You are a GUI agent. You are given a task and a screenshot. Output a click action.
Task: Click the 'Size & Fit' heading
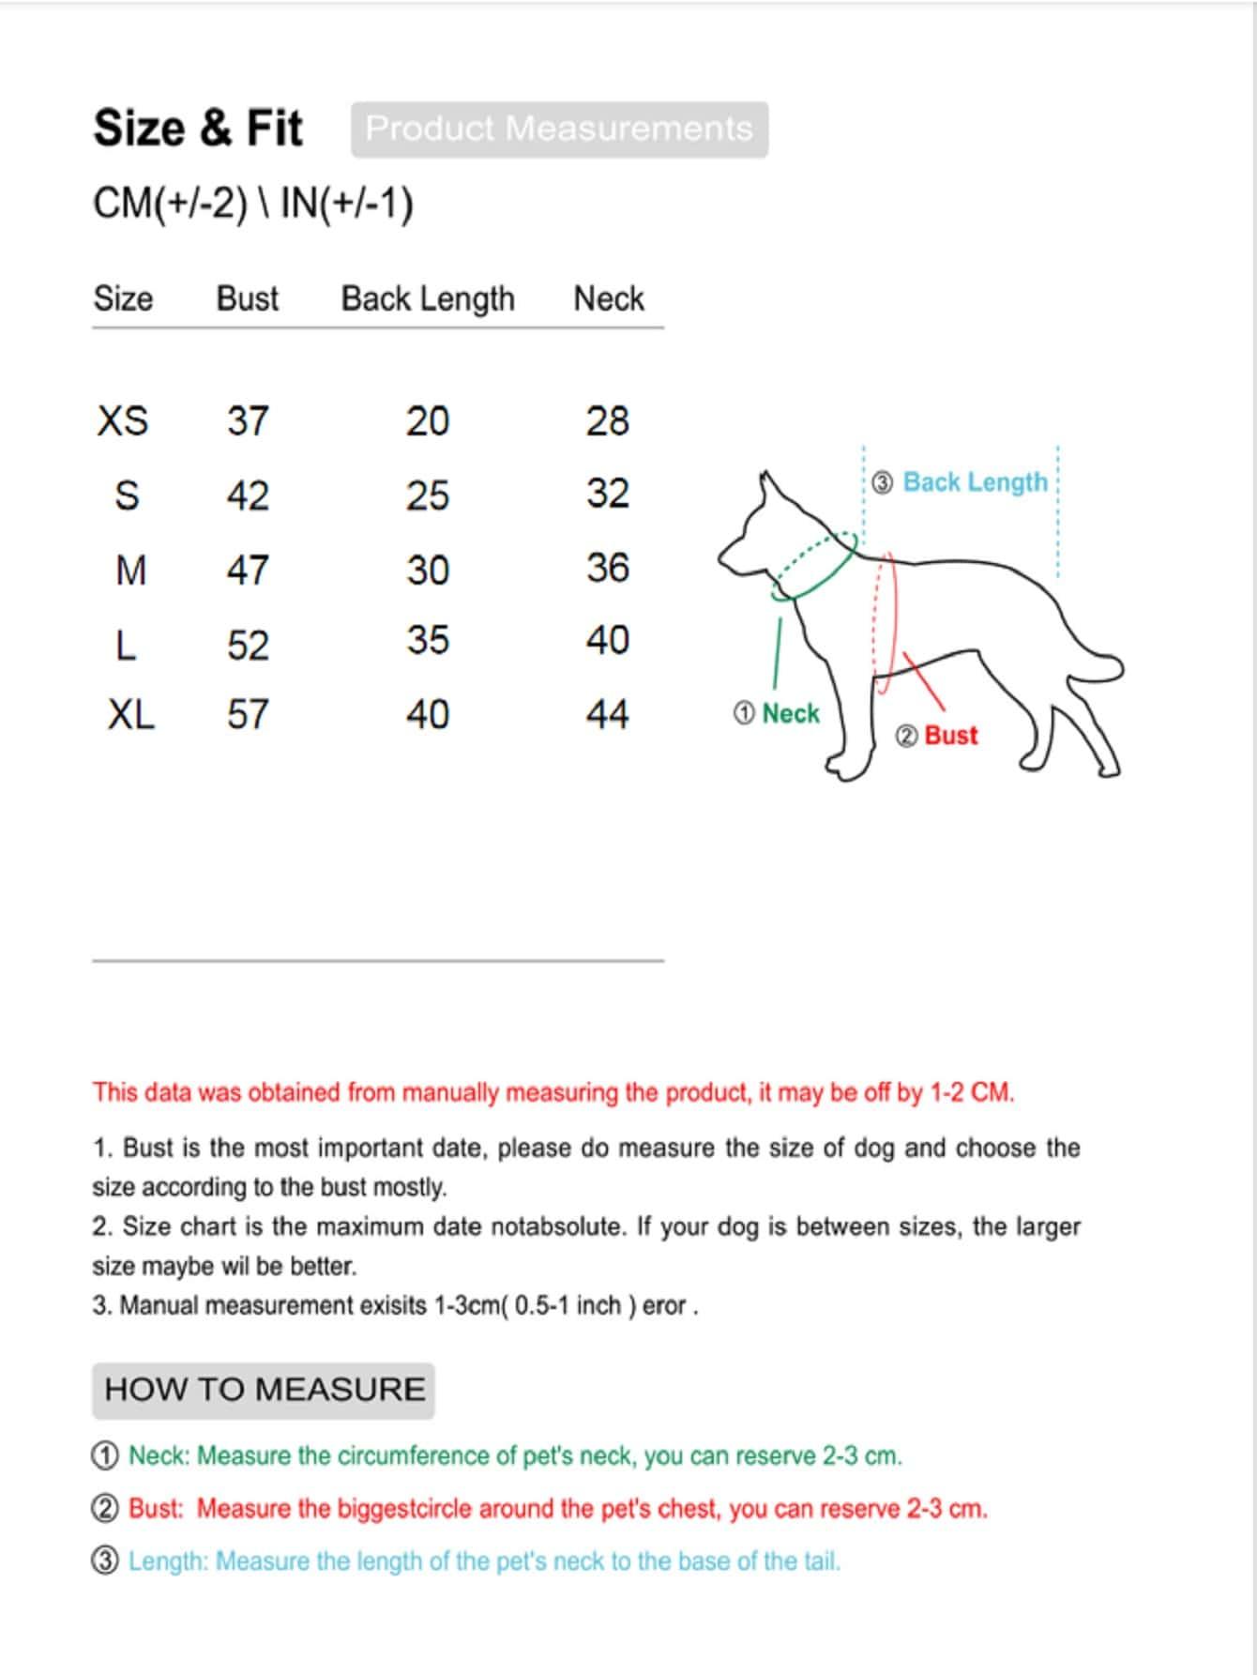pyautogui.click(x=198, y=128)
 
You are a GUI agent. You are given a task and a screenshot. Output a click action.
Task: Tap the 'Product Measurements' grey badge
pyautogui.click(x=559, y=129)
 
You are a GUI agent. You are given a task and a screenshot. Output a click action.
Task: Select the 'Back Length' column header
pyautogui.click(x=428, y=298)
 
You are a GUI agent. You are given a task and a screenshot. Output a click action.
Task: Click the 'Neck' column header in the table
pyautogui.click(x=609, y=298)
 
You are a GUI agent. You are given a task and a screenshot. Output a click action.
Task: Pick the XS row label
pyautogui.click(x=123, y=420)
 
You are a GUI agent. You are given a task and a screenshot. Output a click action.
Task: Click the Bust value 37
pyautogui.click(x=248, y=420)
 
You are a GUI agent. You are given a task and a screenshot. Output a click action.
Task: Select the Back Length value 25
pyautogui.click(x=428, y=495)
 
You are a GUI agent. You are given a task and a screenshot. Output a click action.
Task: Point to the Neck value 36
pyautogui.click(x=608, y=568)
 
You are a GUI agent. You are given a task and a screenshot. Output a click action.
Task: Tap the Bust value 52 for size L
pyautogui.click(x=248, y=645)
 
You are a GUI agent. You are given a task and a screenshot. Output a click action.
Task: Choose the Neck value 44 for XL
pyautogui.click(x=608, y=715)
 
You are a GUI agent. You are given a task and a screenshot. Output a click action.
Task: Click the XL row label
pyautogui.click(x=131, y=715)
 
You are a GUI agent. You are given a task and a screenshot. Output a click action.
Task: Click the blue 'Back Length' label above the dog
pyautogui.click(x=976, y=482)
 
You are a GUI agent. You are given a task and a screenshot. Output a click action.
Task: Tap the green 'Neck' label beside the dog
pyautogui.click(x=791, y=714)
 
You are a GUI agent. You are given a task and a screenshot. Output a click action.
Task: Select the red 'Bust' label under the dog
pyautogui.click(x=951, y=736)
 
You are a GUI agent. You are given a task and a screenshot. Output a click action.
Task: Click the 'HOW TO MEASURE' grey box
pyautogui.click(x=264, y=1390)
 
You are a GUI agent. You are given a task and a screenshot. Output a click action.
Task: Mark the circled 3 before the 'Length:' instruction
pyautogui.click(x=106, y=1561)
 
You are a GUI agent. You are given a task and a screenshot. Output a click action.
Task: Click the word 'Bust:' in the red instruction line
pyautogui.click(x=156, y=1509)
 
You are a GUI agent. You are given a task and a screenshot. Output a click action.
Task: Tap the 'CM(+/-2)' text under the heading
pyautogui.click(x=171, y=204)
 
